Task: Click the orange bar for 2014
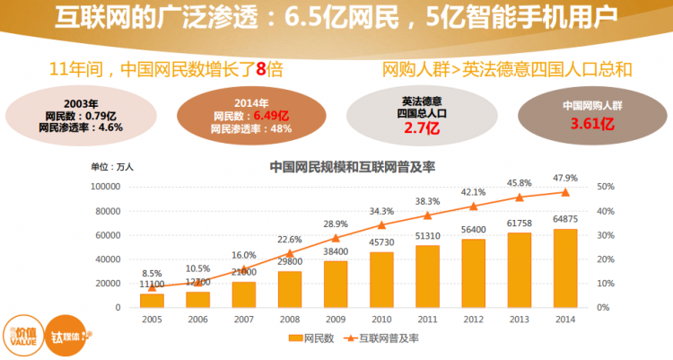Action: [564, 268]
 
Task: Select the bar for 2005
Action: [152, 300]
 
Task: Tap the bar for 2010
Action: [381, 279]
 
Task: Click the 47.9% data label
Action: [565, 178]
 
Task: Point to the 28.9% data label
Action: [336, 224]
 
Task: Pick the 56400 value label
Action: [473, 229]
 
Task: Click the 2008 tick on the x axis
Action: [289, 319]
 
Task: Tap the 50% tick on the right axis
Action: [604, 187]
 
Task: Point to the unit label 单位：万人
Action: [112, 166]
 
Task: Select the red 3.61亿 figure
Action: [592, 123]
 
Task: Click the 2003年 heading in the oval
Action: [81, 103]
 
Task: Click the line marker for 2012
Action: [473, 206]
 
